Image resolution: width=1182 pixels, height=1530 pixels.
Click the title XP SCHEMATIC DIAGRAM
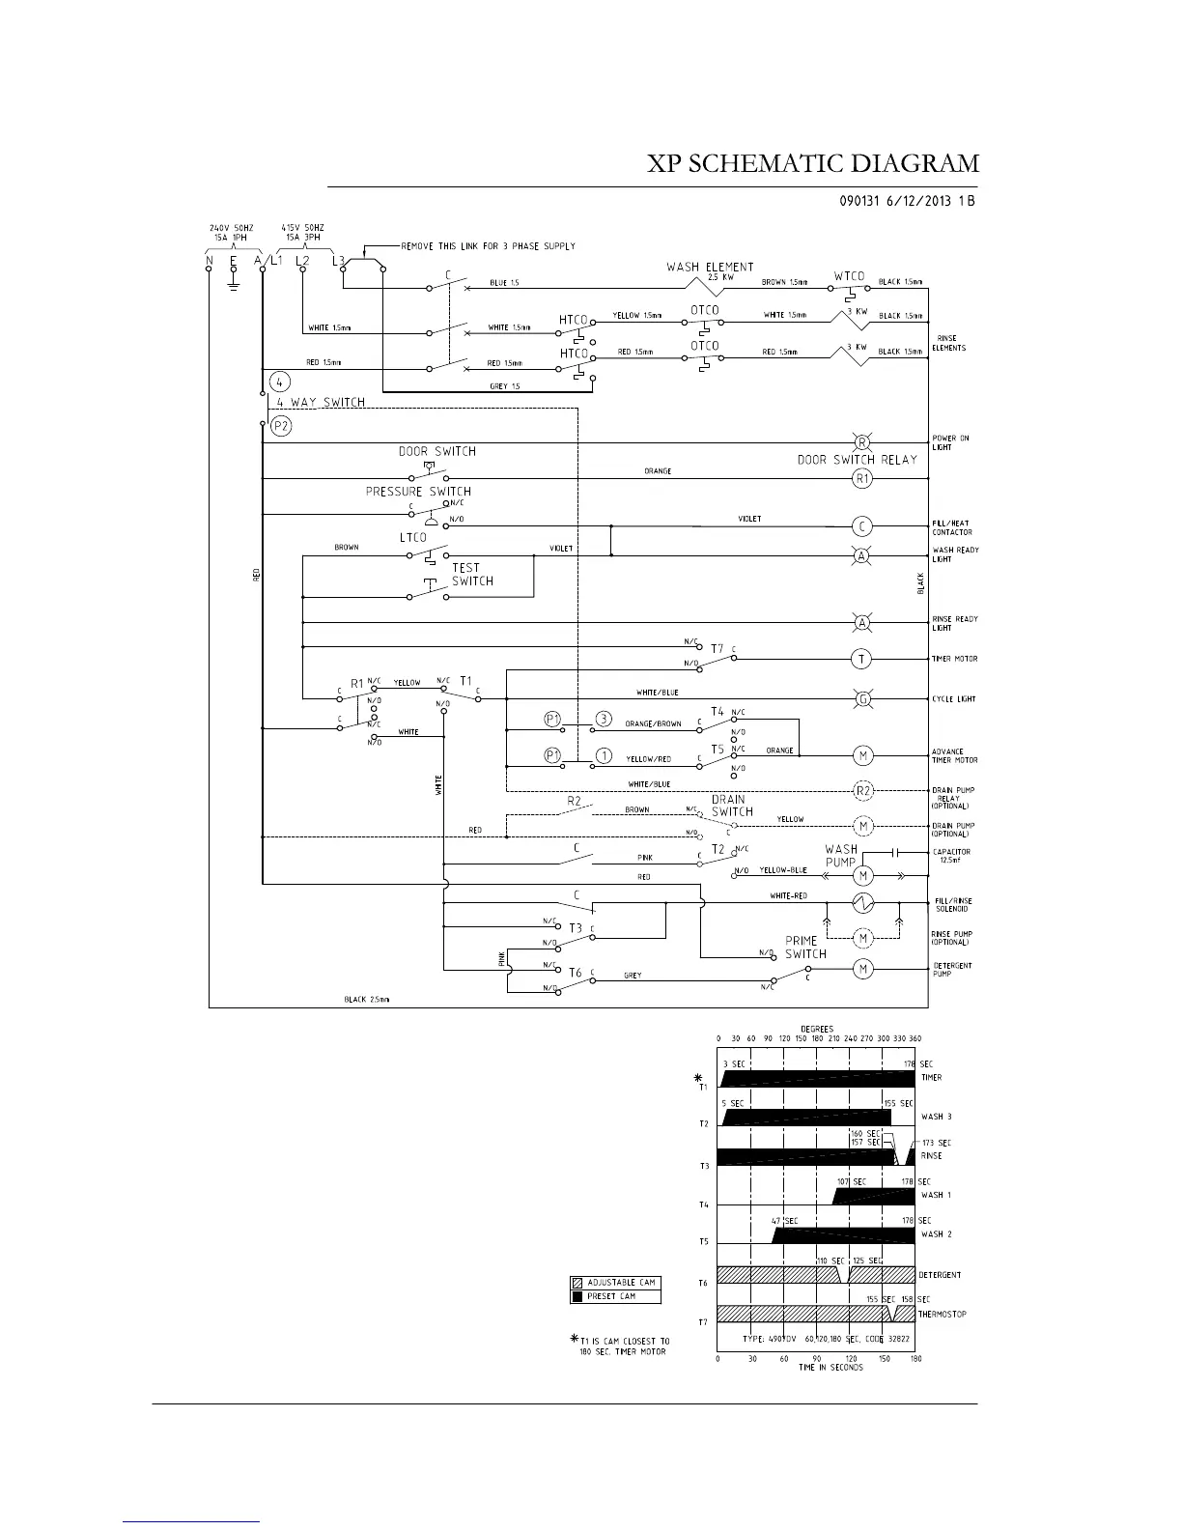click(813, 163)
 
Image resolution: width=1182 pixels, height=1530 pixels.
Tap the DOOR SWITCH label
click(437, 451)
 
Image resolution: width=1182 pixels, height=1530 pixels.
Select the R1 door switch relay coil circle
click(862, 477)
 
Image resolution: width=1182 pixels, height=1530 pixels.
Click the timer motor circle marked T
click(861, 659)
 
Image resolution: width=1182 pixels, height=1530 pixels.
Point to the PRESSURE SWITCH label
click(418, 492)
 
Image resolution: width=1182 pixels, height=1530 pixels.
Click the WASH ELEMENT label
click(710, 267)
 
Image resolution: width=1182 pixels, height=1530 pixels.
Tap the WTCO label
click(850, 275)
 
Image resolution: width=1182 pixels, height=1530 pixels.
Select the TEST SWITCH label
click(472, 575)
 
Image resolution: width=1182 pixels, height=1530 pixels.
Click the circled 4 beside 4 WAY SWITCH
click(279, 381)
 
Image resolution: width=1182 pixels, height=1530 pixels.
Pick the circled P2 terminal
click(281, 425)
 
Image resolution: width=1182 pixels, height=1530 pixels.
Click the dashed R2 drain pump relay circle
click(863, 790)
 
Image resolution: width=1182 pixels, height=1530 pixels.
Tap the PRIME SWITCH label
click(804, 947)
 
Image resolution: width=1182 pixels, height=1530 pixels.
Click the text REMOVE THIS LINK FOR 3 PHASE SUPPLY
click(489, 246)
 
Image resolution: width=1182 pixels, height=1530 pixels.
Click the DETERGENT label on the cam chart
click(940, 1275)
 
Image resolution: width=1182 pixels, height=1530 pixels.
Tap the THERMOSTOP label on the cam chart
click(943, 1314)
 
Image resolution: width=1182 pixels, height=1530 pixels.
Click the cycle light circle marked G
click(862, 698)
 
